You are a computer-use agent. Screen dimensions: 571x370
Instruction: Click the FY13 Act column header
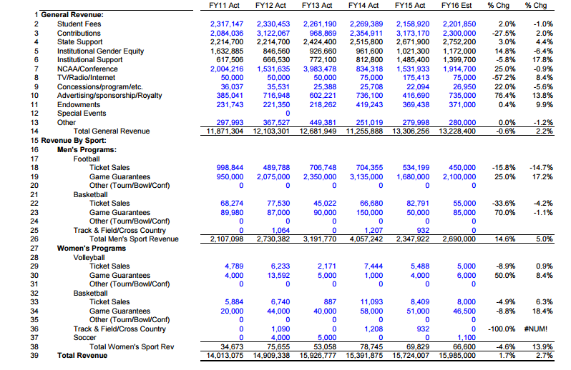point(317,6)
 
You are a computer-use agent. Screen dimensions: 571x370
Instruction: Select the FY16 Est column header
point(457,6)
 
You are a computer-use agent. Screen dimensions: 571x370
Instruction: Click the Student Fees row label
point(79,24)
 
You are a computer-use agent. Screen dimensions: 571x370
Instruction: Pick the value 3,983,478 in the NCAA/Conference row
point(320,69)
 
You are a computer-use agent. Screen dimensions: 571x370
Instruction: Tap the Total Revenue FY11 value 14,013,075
point(225,356)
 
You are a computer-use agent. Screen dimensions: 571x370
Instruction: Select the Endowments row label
point(79,105)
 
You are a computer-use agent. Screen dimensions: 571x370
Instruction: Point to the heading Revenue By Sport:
point(74,141)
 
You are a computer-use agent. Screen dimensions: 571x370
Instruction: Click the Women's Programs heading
point(92,249)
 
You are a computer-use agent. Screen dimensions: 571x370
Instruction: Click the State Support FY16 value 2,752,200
point(459,42)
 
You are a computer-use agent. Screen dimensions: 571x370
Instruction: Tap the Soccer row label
point(85,338)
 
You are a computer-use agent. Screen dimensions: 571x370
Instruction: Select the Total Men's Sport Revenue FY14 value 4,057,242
point(366,239)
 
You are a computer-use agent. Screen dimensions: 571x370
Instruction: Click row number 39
point(34,356)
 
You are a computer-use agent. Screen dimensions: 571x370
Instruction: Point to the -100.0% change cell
point(502,329)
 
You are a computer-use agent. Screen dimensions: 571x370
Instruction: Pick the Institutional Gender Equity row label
point(100,51)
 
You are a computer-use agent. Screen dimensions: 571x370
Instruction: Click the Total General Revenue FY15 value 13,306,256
point(411,131)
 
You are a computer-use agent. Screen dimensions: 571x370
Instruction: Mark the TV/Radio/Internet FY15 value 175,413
point(416,78)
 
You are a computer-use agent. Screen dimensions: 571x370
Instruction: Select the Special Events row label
point(82,114)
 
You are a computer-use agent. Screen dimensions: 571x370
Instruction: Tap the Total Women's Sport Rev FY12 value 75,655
point(278,346)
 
